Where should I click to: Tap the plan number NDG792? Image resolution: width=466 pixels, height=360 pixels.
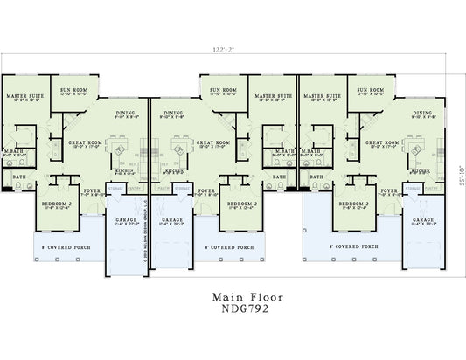[x=233, y=308]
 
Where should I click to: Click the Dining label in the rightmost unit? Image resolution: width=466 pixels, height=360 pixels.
[x=421, y=113]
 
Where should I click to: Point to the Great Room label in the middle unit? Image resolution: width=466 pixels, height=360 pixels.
[x=212, y=142]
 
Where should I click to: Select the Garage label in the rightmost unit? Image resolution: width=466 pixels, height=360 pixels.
[x=423, y=219]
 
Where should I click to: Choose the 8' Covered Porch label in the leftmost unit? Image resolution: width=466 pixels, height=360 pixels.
[x=69, y=247]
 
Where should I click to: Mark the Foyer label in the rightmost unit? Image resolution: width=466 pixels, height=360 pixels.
[x=389, y=190]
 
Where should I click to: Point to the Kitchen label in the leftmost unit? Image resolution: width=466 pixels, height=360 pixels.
[x=125, y=170]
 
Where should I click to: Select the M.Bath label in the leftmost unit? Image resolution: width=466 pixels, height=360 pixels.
[x=13, y=152]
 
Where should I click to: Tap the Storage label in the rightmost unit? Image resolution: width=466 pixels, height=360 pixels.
[x=410, y=186]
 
